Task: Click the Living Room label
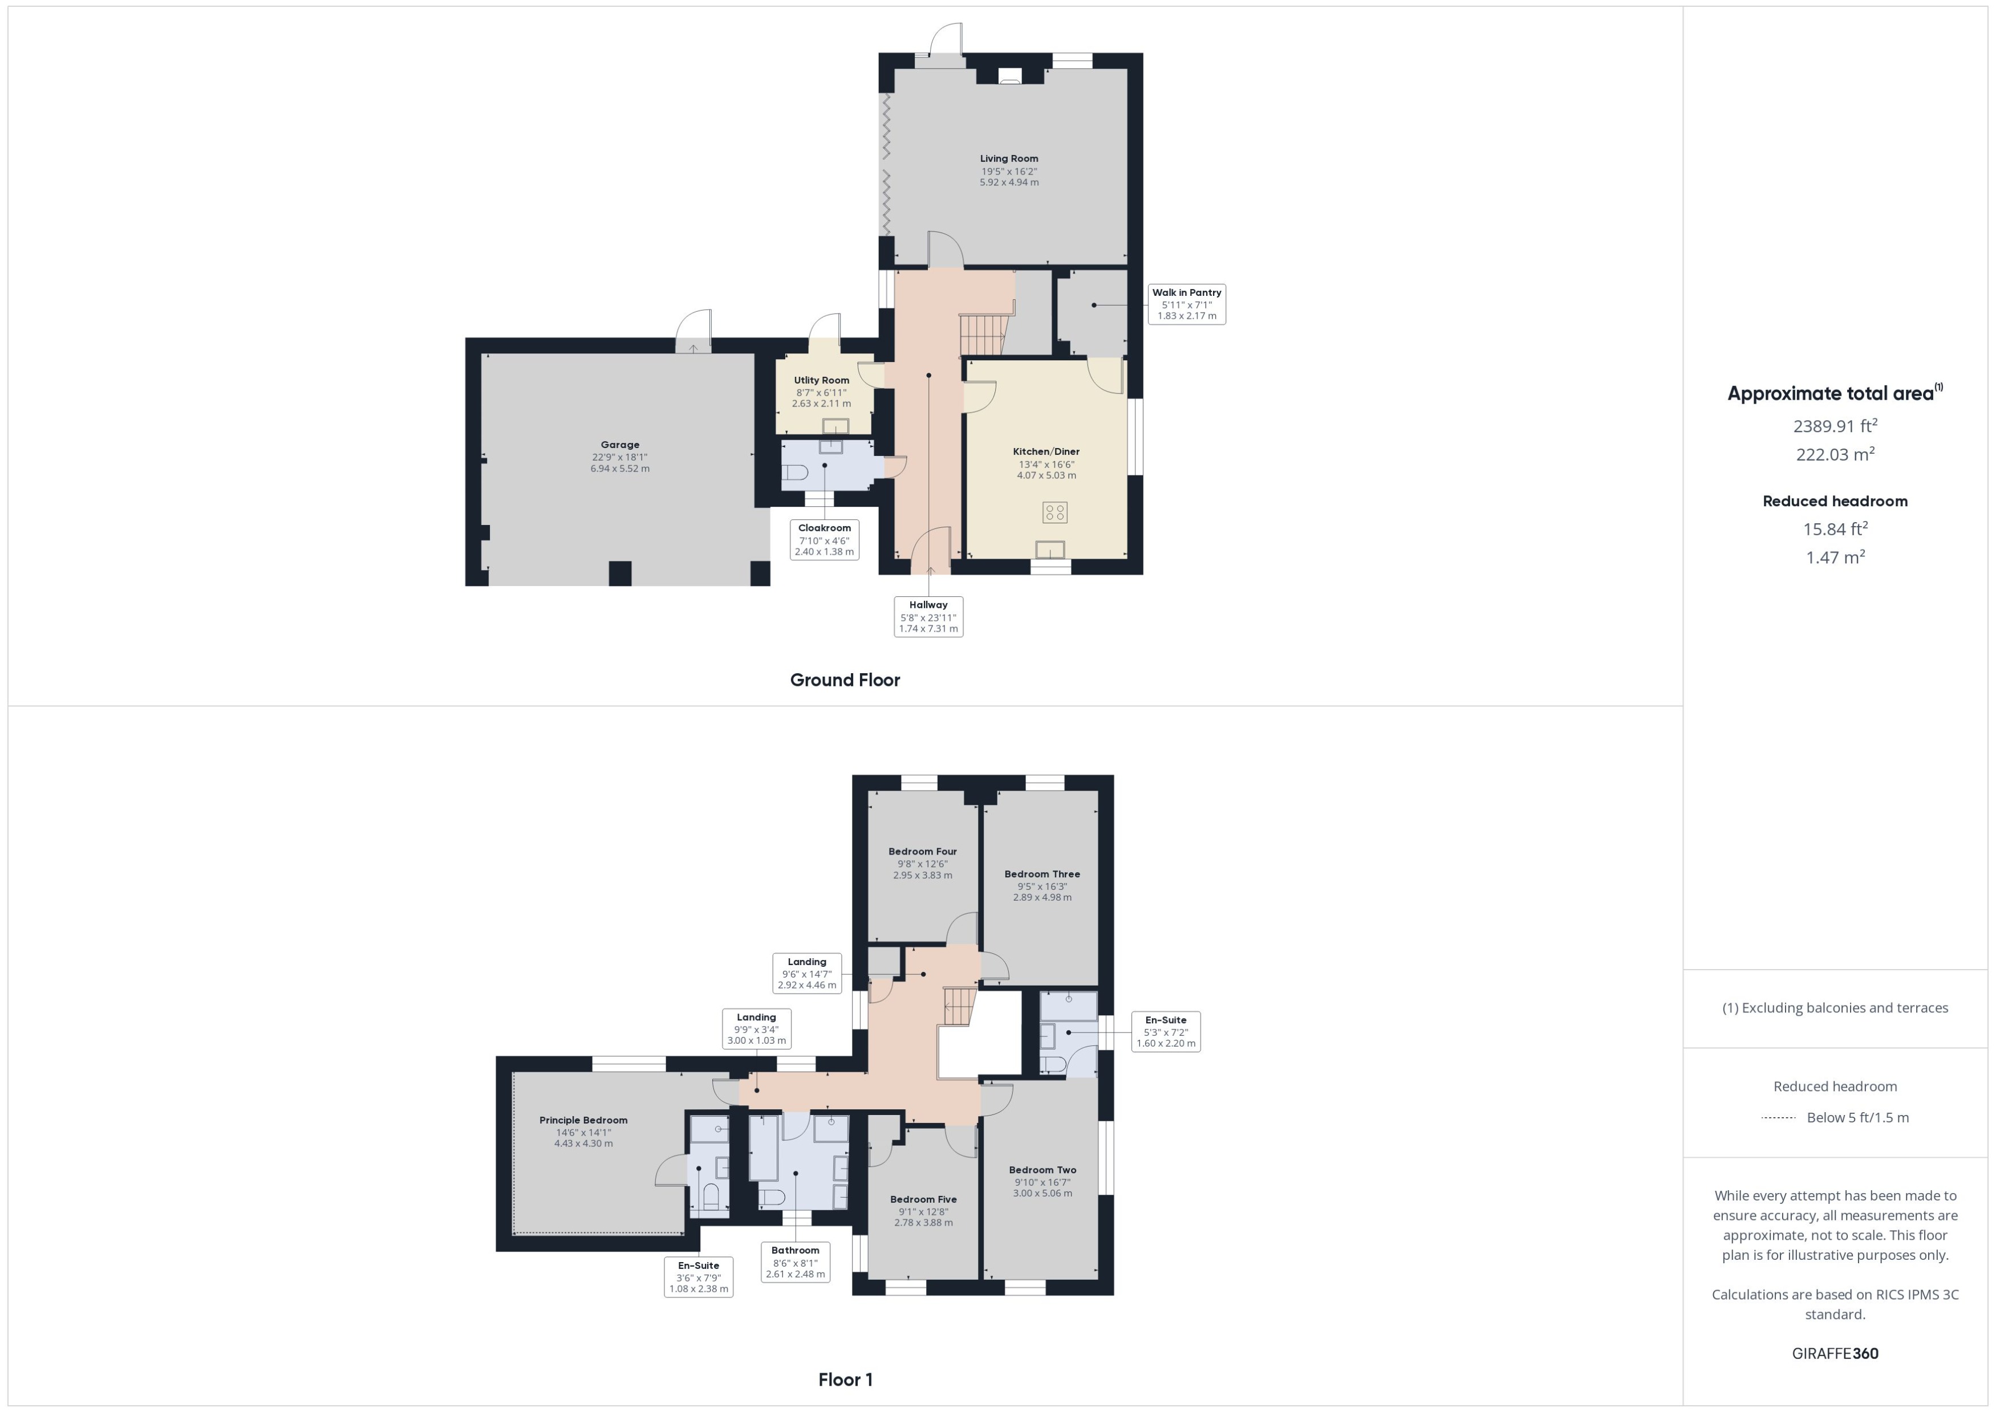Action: (1009, 159)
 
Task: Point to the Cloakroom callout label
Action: (825, 540)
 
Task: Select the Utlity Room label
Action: (821, 381)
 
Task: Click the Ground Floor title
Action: (845, 680)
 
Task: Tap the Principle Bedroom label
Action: (583, 1121)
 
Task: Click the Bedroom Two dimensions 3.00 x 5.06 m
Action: (1042, 1194)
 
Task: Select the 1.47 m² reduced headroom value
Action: (1835, 558)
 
